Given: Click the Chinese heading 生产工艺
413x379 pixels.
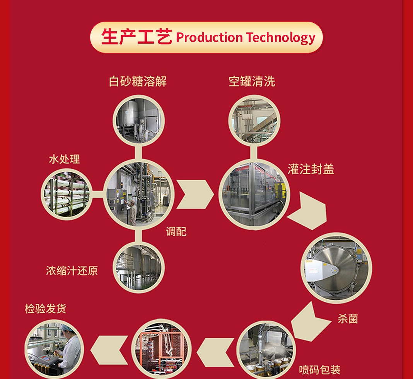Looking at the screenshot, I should (137, 37).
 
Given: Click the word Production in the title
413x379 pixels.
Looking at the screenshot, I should (209, 38).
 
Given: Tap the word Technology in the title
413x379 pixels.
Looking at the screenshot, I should (280, 38).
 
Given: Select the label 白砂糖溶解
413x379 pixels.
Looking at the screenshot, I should (138, 82).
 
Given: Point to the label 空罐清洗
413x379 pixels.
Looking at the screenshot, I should (252, 82).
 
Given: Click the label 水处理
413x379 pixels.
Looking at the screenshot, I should (64, 159).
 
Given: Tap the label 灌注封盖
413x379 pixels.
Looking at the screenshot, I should (311, 169).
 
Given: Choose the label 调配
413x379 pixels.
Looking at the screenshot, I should (176, 231).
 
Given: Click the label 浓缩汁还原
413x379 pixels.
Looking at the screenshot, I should (72, 270).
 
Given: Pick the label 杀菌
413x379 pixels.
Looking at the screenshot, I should (348, 319).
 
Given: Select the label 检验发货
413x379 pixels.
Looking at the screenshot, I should (46, 309).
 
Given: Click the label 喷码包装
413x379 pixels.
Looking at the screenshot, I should (320, 370).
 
